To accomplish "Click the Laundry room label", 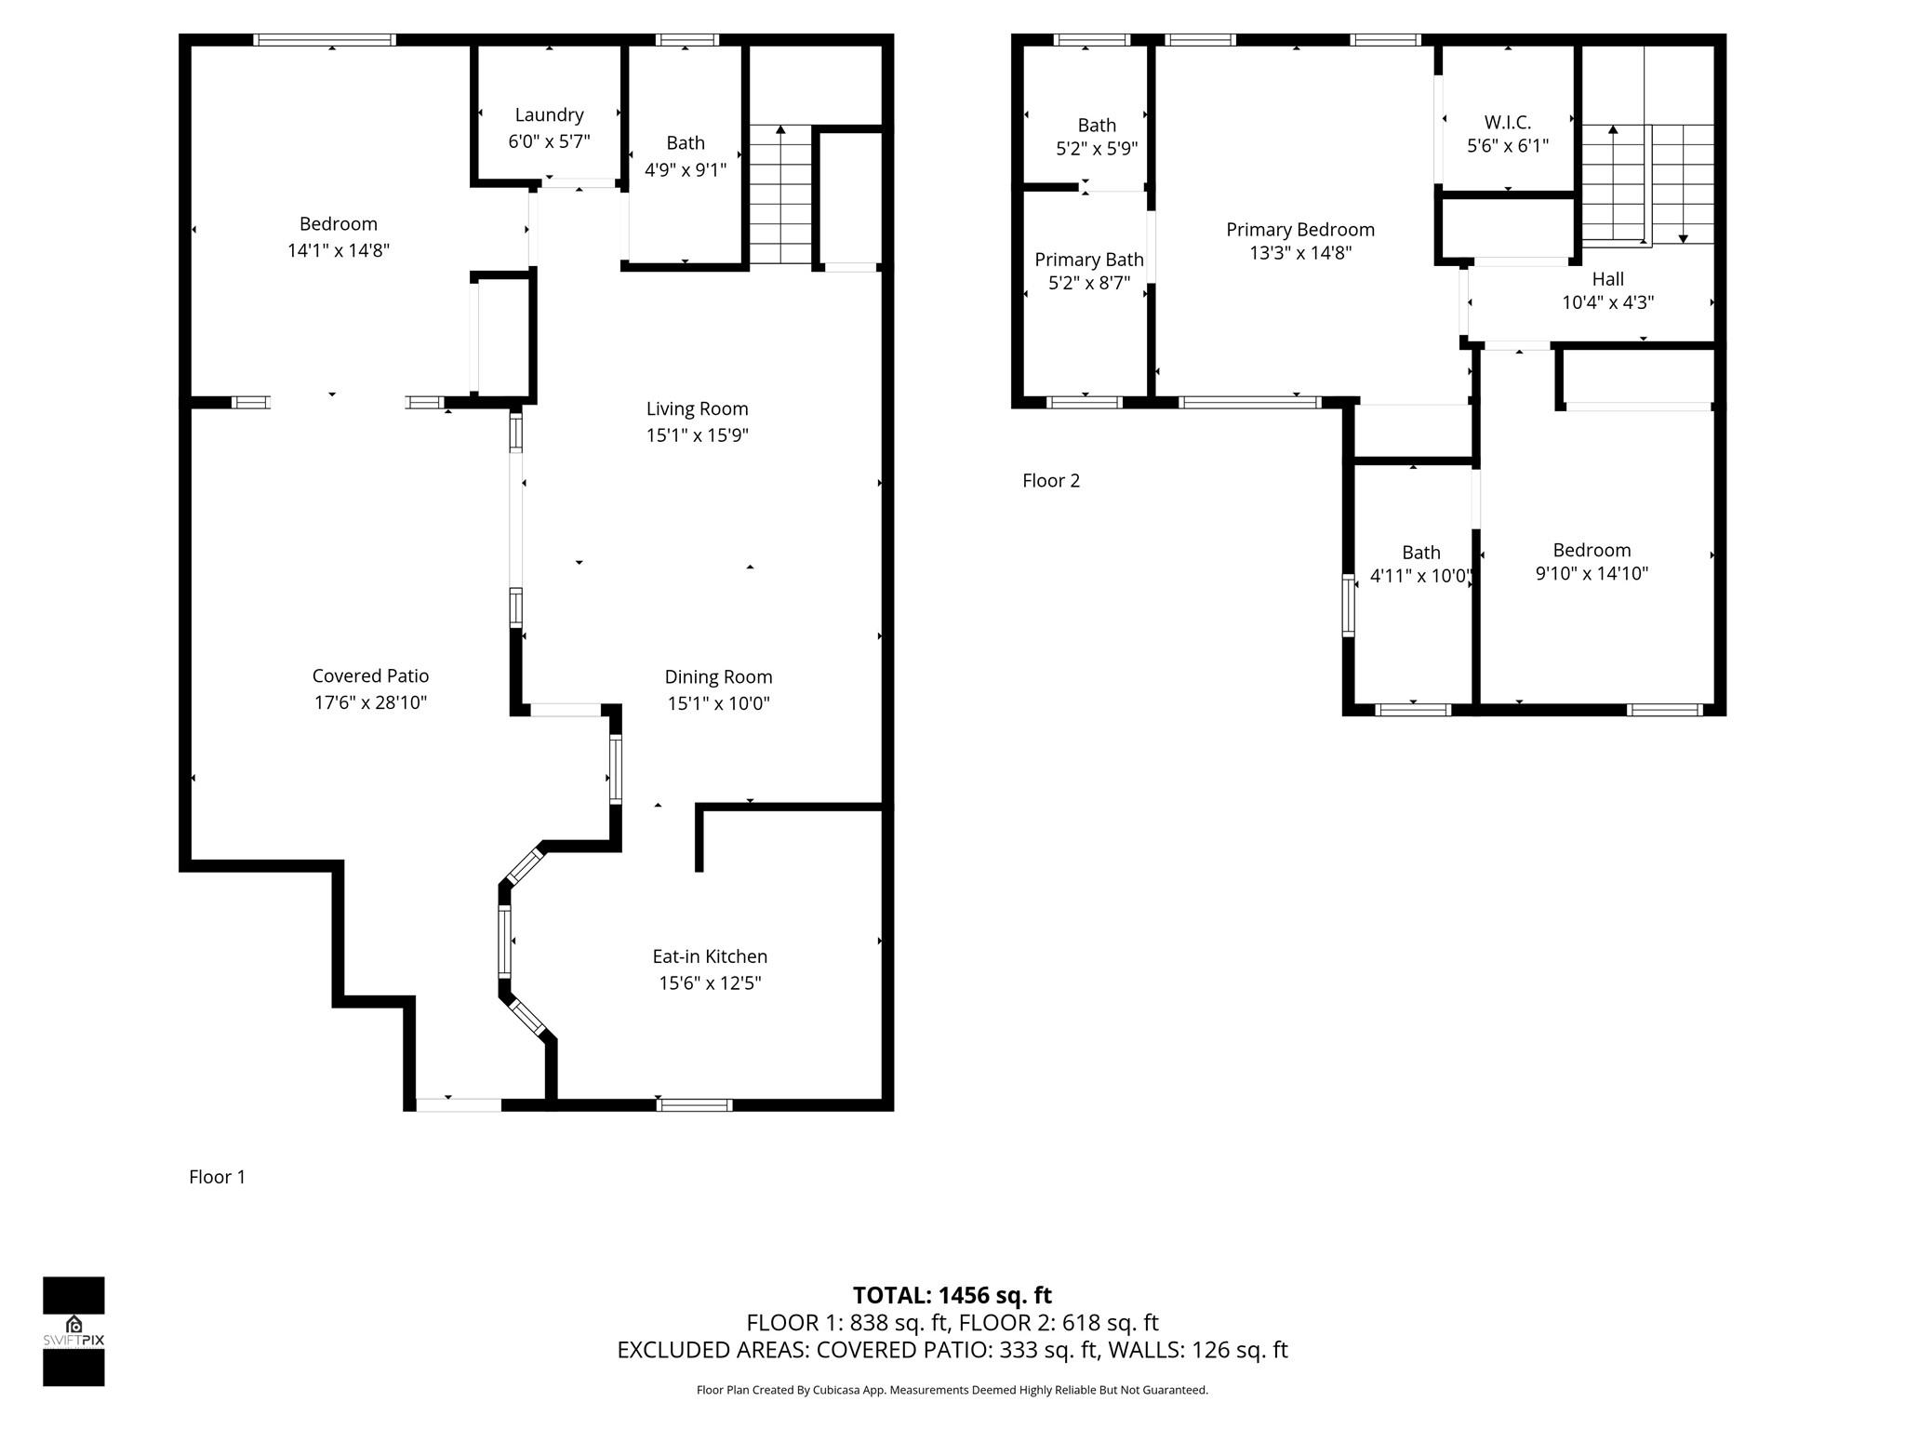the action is pos(549,114).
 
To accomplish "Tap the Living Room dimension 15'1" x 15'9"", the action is pos(698,435).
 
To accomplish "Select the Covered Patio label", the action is pos(370,675).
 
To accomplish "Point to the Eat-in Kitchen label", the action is pos(710,956).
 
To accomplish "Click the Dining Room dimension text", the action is pos(718,703).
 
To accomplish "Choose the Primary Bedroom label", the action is pos(1300,230).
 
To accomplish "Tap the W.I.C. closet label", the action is pos(1508,122).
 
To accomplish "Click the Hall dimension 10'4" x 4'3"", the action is pos(1608,302).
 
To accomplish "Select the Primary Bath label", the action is pos(1089,260).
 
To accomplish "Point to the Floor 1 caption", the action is pos(217,1177).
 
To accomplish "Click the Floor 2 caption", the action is pos(1051,481).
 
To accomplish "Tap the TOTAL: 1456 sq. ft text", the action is pos(952,1295).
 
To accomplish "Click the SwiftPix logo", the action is pos(73,1331).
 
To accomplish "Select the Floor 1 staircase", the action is pos(780,195).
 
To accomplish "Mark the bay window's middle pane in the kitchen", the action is pos(504,942).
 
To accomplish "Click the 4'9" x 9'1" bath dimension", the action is pos(686,170).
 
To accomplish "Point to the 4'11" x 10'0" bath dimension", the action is pos(1421,577).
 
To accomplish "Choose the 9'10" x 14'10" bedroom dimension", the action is pos(1592,574).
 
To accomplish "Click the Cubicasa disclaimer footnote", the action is pos(952,1390).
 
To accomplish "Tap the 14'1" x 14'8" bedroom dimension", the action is pos(339,250).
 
